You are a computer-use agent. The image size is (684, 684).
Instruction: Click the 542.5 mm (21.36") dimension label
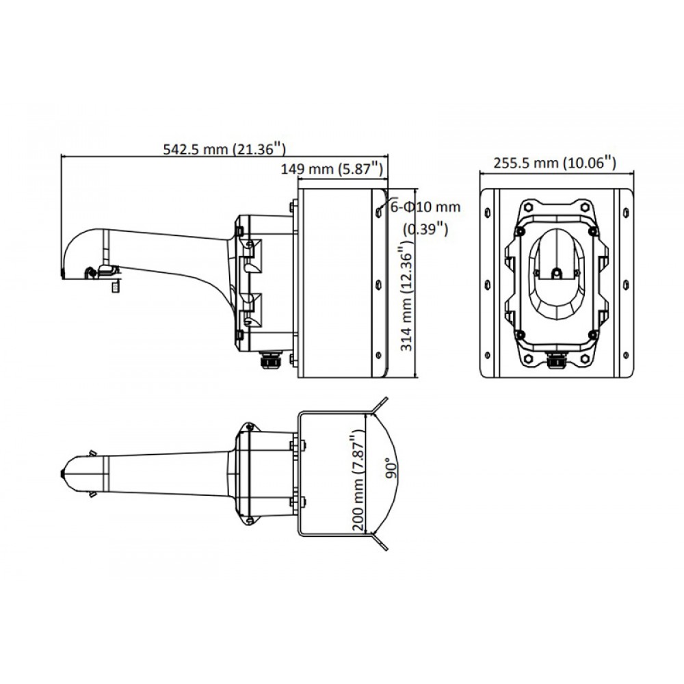(224, 148)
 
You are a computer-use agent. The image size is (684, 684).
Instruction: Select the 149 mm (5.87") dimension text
(332, 168)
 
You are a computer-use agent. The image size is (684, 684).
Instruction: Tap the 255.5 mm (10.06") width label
(555, 163)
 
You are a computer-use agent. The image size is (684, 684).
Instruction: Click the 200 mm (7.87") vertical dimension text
(358, 480)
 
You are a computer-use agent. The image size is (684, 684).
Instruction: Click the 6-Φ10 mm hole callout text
(425, 207)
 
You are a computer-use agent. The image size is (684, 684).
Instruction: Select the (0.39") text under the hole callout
(425, 228)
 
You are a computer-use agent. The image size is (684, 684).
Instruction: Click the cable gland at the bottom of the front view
(555, 360)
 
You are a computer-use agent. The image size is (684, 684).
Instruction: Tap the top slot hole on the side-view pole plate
(378, 211)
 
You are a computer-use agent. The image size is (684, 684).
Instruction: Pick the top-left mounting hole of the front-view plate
(487, 213)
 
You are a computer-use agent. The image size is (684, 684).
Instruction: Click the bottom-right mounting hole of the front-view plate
(627, 355)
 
